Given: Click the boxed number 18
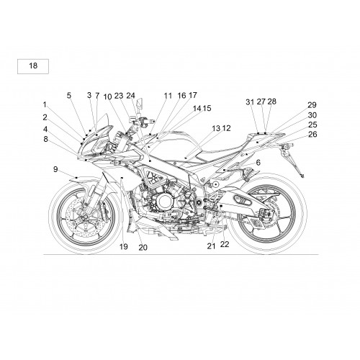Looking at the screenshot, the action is tap(33, 66).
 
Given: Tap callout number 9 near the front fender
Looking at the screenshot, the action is tap(55, 169).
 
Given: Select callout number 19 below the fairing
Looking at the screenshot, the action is tap(124, 246).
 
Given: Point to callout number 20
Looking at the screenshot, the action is tap(143, 248).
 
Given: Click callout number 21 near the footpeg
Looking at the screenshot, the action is tap(211, 246).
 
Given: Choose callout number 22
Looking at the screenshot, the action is tap(225, 244).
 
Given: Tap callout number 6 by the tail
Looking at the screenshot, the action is tap(258, 163).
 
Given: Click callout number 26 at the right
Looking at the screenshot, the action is tap(312, 134).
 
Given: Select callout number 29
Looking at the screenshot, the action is tap(312, 105).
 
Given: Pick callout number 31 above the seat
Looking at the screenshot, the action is tap(250, 102).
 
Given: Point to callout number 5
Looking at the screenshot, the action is tap(69, 95).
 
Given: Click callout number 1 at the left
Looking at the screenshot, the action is tap(45, 104).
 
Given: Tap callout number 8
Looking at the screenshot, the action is tap(45, 139).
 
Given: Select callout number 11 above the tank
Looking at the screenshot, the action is tap(168, 96).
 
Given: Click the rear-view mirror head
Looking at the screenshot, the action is tap(140, 103).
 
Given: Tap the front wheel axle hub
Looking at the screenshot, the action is tap(85, 218).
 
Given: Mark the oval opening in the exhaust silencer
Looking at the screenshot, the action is tap(243, 199).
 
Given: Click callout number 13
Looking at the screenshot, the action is tap(216, 128).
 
